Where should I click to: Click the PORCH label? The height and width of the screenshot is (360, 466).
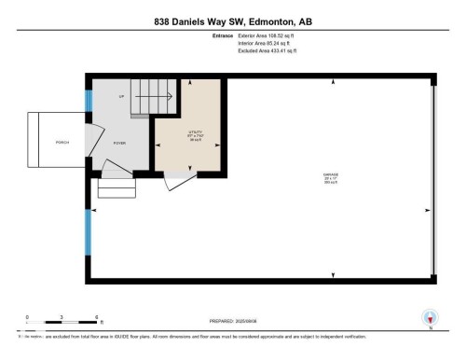[62, 143]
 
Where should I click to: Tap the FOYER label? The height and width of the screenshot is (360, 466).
[120, 143]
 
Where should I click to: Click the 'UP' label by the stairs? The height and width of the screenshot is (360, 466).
[120, 96]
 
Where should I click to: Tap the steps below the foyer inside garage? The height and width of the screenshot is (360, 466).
[116, 189]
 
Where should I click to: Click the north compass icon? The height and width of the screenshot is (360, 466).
[430, 318]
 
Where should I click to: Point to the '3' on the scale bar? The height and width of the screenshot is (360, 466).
[61, 317]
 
